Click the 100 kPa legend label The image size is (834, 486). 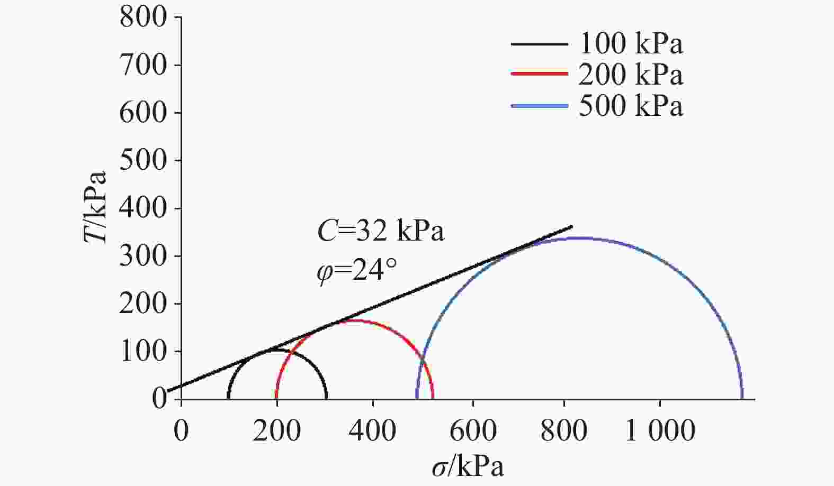tap(631, 44)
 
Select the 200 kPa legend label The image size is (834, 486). tap(631, 75)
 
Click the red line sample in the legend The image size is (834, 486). tap(539, 75)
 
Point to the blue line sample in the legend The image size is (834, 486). tap(539, 106)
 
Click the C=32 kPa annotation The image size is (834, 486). tap(380, 231)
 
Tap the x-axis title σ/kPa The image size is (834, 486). tap(467, 467)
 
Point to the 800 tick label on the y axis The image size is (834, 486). tap(143, 18)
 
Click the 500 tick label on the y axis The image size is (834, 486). tap(143, 161)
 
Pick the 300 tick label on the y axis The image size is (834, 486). tap(143, 256)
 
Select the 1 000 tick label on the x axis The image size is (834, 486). tap(660, 431)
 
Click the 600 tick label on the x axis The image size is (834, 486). tap(473, 431)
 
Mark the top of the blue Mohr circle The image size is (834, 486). tap(579, 238)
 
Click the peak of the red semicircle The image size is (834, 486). tap(355, 320)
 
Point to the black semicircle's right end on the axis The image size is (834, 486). tap(326, 398)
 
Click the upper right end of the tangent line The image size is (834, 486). tap(572, 226)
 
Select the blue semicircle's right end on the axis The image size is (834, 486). tap(742, 398)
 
